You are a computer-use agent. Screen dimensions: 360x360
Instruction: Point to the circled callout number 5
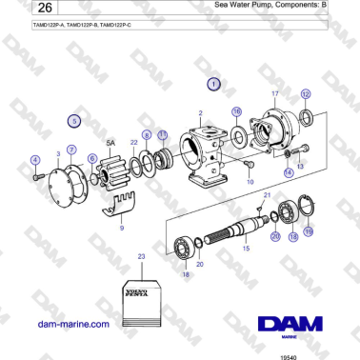coord(75,121)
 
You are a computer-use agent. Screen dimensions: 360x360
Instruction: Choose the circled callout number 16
coord(237,111)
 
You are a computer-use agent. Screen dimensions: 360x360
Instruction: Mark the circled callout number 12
coord(305,93)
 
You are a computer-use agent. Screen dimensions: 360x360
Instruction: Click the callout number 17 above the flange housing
coord(275,94)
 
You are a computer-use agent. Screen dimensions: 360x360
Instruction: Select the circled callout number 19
coord(308,230)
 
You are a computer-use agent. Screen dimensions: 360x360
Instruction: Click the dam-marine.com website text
coord(72,324)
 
